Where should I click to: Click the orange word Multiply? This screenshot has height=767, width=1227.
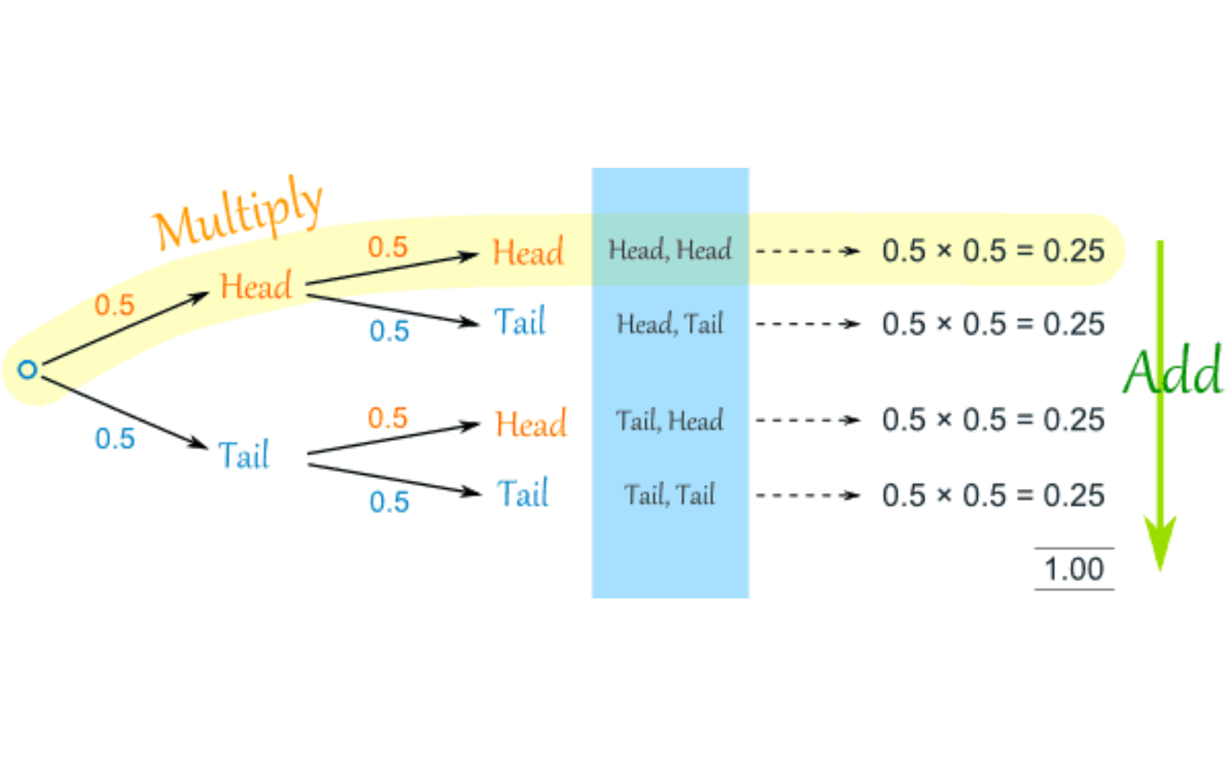(238, 213)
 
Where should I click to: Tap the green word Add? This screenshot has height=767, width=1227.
(1173, 372)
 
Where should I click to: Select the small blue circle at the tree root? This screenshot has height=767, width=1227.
(28, 370)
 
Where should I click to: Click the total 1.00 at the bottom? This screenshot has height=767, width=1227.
(1074, 570)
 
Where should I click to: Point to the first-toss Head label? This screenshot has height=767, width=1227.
(256, 286)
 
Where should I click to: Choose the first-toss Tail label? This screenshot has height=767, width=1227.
(244, 455)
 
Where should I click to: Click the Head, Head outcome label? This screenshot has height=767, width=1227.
(669, 250)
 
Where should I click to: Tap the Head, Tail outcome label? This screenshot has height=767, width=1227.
(669, 324)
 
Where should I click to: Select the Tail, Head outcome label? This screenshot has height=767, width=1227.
(669, 420)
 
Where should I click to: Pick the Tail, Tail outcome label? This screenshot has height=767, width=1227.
(669, 495)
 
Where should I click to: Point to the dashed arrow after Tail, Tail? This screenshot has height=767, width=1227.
(807, 495)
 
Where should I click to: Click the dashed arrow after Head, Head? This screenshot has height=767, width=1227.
(807, 251)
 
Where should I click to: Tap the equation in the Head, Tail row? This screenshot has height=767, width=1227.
(993, 324)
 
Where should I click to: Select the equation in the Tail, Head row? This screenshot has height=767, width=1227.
(993, 420)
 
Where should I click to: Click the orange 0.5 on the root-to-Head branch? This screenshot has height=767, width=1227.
(114, 305)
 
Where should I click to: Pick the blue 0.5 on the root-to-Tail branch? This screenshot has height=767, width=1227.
(115, 439)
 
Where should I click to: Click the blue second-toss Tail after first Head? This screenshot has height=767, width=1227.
(520, 322)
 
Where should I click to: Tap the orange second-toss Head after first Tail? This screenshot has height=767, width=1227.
(530, 424)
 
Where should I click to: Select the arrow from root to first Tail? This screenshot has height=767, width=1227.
(124, 408)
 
